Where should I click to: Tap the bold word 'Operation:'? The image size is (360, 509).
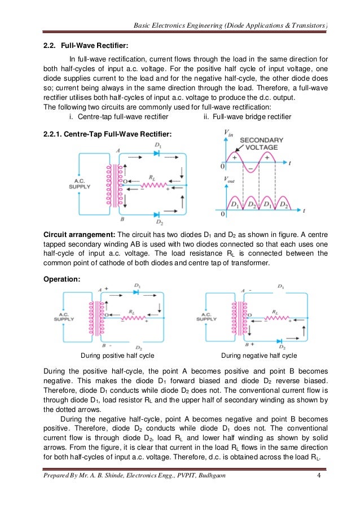[x=62, y=278]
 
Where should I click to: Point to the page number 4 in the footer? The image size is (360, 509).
[x=319, y=495]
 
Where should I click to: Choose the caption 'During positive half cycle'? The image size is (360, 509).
[x=118, y=356]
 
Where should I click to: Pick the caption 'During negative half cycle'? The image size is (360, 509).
[x=259, y=356]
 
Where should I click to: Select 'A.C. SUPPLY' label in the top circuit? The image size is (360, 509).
[x=79, y=183]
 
